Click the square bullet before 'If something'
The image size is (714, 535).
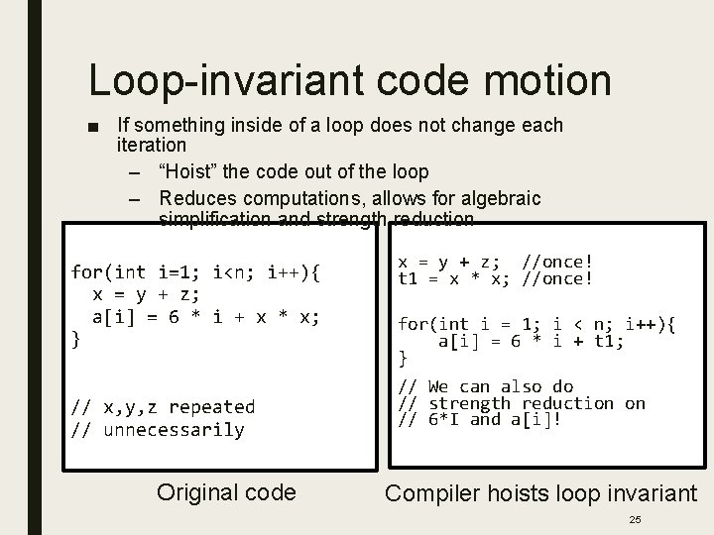[93, 127]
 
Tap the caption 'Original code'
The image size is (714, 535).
[227, 492]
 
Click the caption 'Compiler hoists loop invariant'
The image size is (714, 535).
[540, 492]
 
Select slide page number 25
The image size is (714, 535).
[635, 519]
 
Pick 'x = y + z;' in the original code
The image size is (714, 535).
[146, 294]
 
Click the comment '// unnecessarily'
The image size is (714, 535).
[158, 429]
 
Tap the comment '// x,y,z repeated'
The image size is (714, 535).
[163, 406]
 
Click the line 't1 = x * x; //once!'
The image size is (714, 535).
[495, 279]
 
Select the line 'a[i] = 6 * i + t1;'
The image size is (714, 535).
[532, 341]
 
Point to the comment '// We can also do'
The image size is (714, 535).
[485, 386]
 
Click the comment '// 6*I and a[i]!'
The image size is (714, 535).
[479, 420]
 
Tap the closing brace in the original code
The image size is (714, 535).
[76, 340]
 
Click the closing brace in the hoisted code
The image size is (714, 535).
[403, 357]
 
